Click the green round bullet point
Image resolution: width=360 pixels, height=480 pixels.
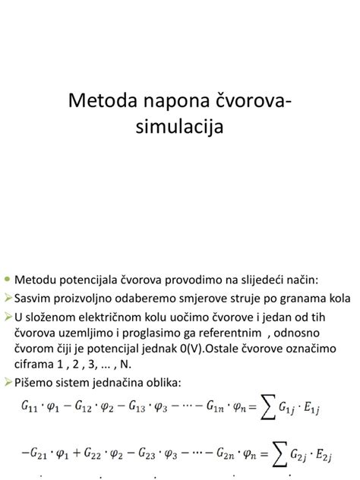(8, 279)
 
